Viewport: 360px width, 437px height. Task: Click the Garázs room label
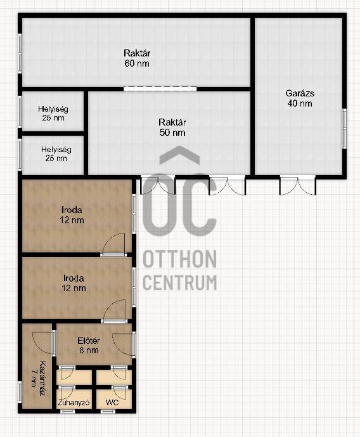pyautogui.click(x=300, y=93)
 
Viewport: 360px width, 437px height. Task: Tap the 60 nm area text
pyautogui.click(x=137, y=63)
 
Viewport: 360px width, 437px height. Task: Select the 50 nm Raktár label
pyautogui.click(x=172, y=127)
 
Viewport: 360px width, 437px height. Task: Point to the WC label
pyautogui.click(x=112, y=403)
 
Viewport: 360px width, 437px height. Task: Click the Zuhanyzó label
pyautogui.click(x=74, y=403)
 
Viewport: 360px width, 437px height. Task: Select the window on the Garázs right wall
pyautogui.click(x=345, y=128)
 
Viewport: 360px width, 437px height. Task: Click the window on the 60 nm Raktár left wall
pyautogui.click(x=20, y=54)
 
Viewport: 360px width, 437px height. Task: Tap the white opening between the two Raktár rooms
pyautogui.click(x=160, y=89)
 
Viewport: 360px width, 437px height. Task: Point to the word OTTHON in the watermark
pyautogui.click(x=180, y=259)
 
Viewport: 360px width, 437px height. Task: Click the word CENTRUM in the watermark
pyautogui.click(x=180, y=282)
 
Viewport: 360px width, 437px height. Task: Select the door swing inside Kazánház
pyautogui.click(x=42, y=342)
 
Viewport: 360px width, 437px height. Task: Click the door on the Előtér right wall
pyautogui.click(x=124, y=344)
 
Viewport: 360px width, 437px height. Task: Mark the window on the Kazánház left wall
pyautogui.click(x=20, y=392)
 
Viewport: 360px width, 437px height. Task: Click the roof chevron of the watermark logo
pyautogui.click(x=179, y=155)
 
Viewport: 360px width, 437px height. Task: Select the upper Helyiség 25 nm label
pyautogui.click(x=53, y=113)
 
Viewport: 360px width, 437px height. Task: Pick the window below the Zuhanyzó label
pyautogui.click(x=68, y=412)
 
